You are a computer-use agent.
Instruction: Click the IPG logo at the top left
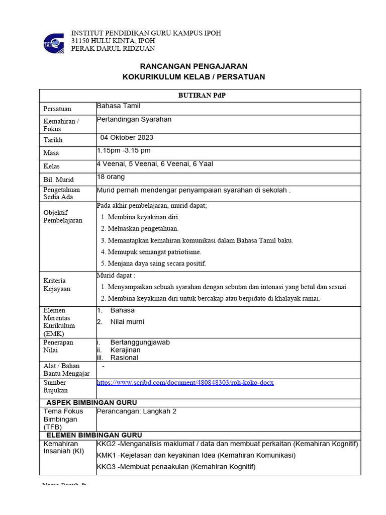(x=54, y=43)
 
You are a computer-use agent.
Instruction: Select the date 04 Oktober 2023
(x=127, y=137)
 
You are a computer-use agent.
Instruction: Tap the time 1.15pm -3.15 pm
(x=124, y=150)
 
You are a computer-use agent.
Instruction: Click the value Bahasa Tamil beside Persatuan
(x=119, y=106)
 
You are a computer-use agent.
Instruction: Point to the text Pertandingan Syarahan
(x=134, y=119)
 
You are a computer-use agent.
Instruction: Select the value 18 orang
(x=111, y=177)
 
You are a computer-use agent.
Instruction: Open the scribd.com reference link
(x=185, y=383)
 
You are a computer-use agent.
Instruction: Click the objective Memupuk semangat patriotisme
(x=154, y=252)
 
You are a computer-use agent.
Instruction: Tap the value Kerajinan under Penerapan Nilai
(x=126, y=350)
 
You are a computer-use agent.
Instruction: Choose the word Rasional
(x=124, y=358)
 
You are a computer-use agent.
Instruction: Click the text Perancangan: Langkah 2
(x=136, y=411)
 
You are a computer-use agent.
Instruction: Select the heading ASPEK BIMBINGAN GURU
(x=91, y=402)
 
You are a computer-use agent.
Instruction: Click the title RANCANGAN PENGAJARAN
(x=194, y=66)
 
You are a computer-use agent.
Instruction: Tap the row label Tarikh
(x=53, y=140)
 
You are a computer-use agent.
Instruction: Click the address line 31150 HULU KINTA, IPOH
(x=113, y=41)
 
